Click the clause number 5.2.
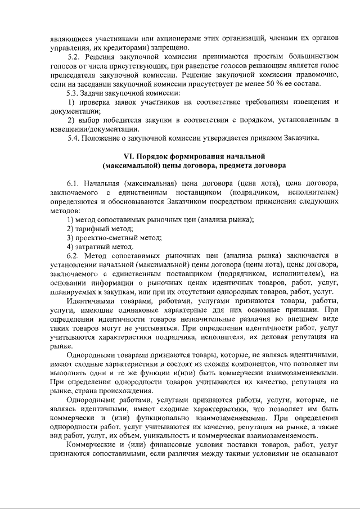74,57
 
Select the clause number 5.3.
74,93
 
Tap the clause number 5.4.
74,138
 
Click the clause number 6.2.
74,255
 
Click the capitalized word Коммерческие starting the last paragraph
92,444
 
